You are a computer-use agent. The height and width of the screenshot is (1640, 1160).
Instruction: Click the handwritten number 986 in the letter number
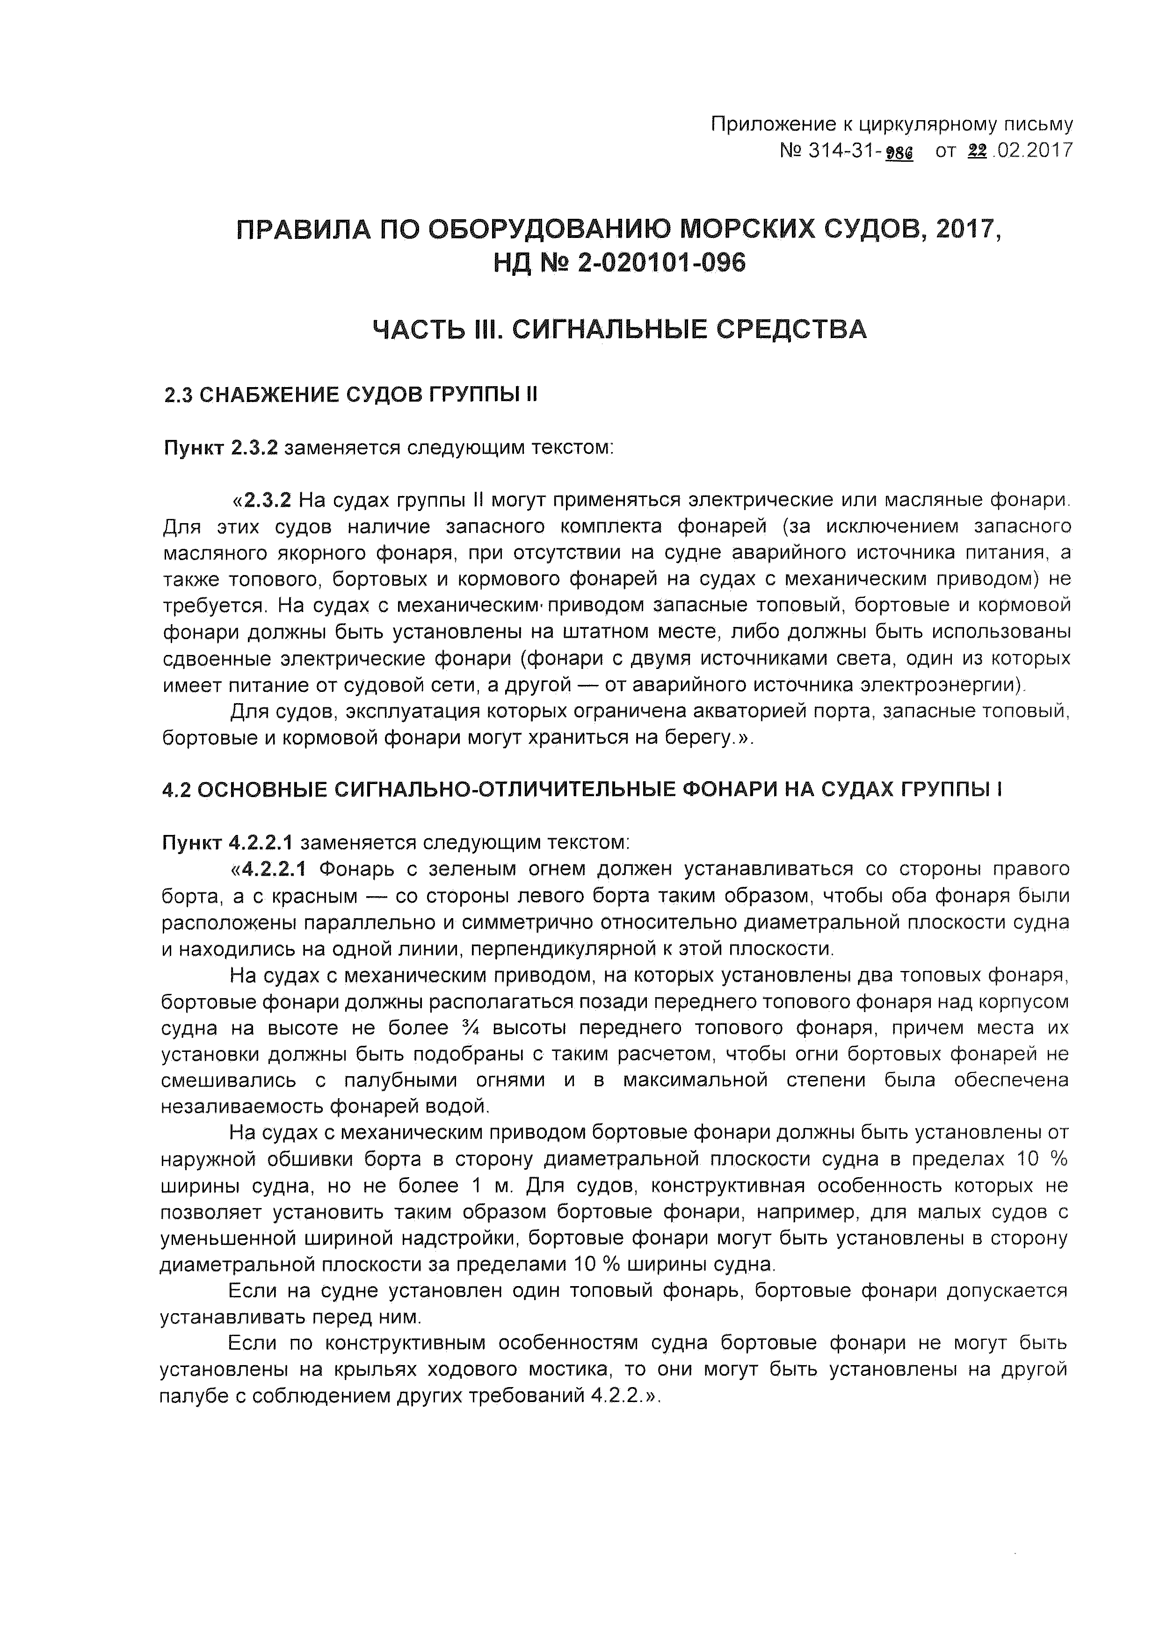(x=899, y=151)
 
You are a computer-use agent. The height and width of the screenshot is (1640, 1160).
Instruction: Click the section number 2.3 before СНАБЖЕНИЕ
(x=178, y=395)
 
